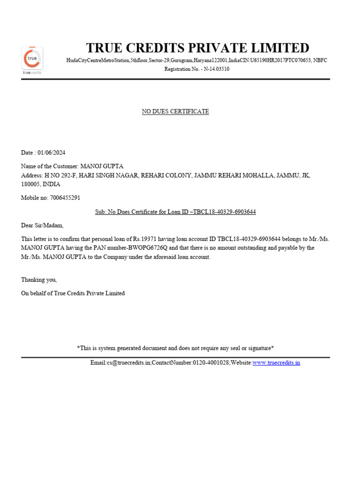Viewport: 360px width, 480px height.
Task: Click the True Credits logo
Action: point(32,60)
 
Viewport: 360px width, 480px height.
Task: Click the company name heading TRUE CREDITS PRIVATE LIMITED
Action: point(197,48)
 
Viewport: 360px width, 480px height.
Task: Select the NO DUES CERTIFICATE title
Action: point(175,112)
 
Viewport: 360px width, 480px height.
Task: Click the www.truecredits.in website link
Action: point(276,363)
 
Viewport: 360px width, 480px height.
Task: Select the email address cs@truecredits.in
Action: point(128,363)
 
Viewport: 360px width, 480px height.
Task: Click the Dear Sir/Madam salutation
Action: point(42,225)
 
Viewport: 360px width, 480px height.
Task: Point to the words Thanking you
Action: point(39,280)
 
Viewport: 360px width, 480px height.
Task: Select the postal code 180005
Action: point(30,184)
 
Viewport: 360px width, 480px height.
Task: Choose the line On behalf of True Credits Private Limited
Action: point(73,293)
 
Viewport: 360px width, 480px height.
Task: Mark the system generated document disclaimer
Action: point(175,348)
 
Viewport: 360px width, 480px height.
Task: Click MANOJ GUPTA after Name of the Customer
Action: point(102,166)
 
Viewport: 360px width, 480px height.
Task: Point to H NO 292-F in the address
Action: point(60,175)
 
